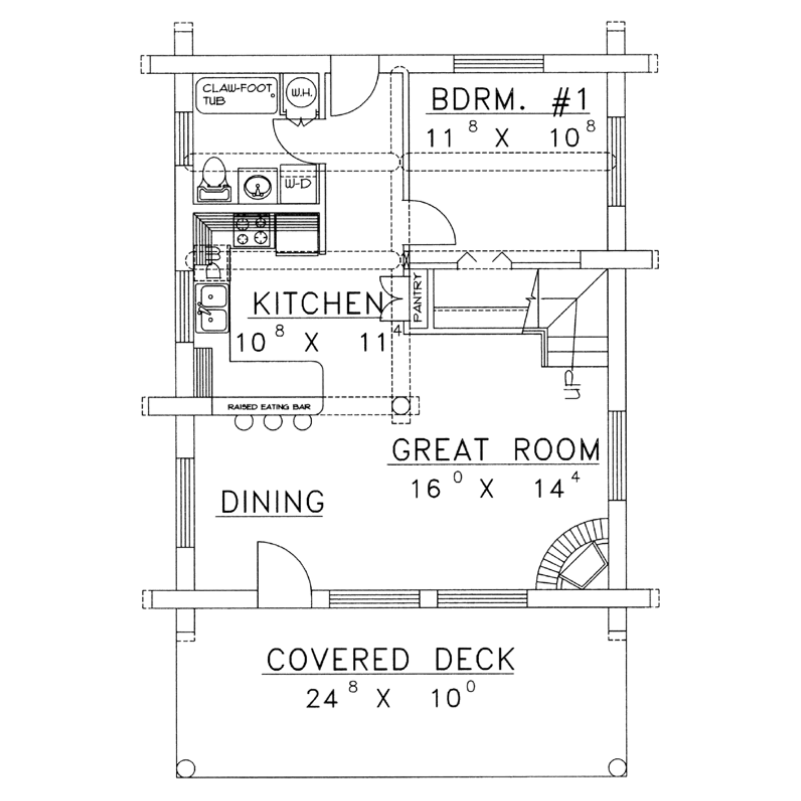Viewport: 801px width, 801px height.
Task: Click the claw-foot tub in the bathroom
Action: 236,97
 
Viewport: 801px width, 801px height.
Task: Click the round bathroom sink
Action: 257,186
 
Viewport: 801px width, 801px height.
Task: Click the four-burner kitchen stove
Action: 251,231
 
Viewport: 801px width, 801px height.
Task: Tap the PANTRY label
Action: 418,297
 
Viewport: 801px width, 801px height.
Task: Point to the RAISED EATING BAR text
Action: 269,407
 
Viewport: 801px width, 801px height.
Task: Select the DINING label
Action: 272,502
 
